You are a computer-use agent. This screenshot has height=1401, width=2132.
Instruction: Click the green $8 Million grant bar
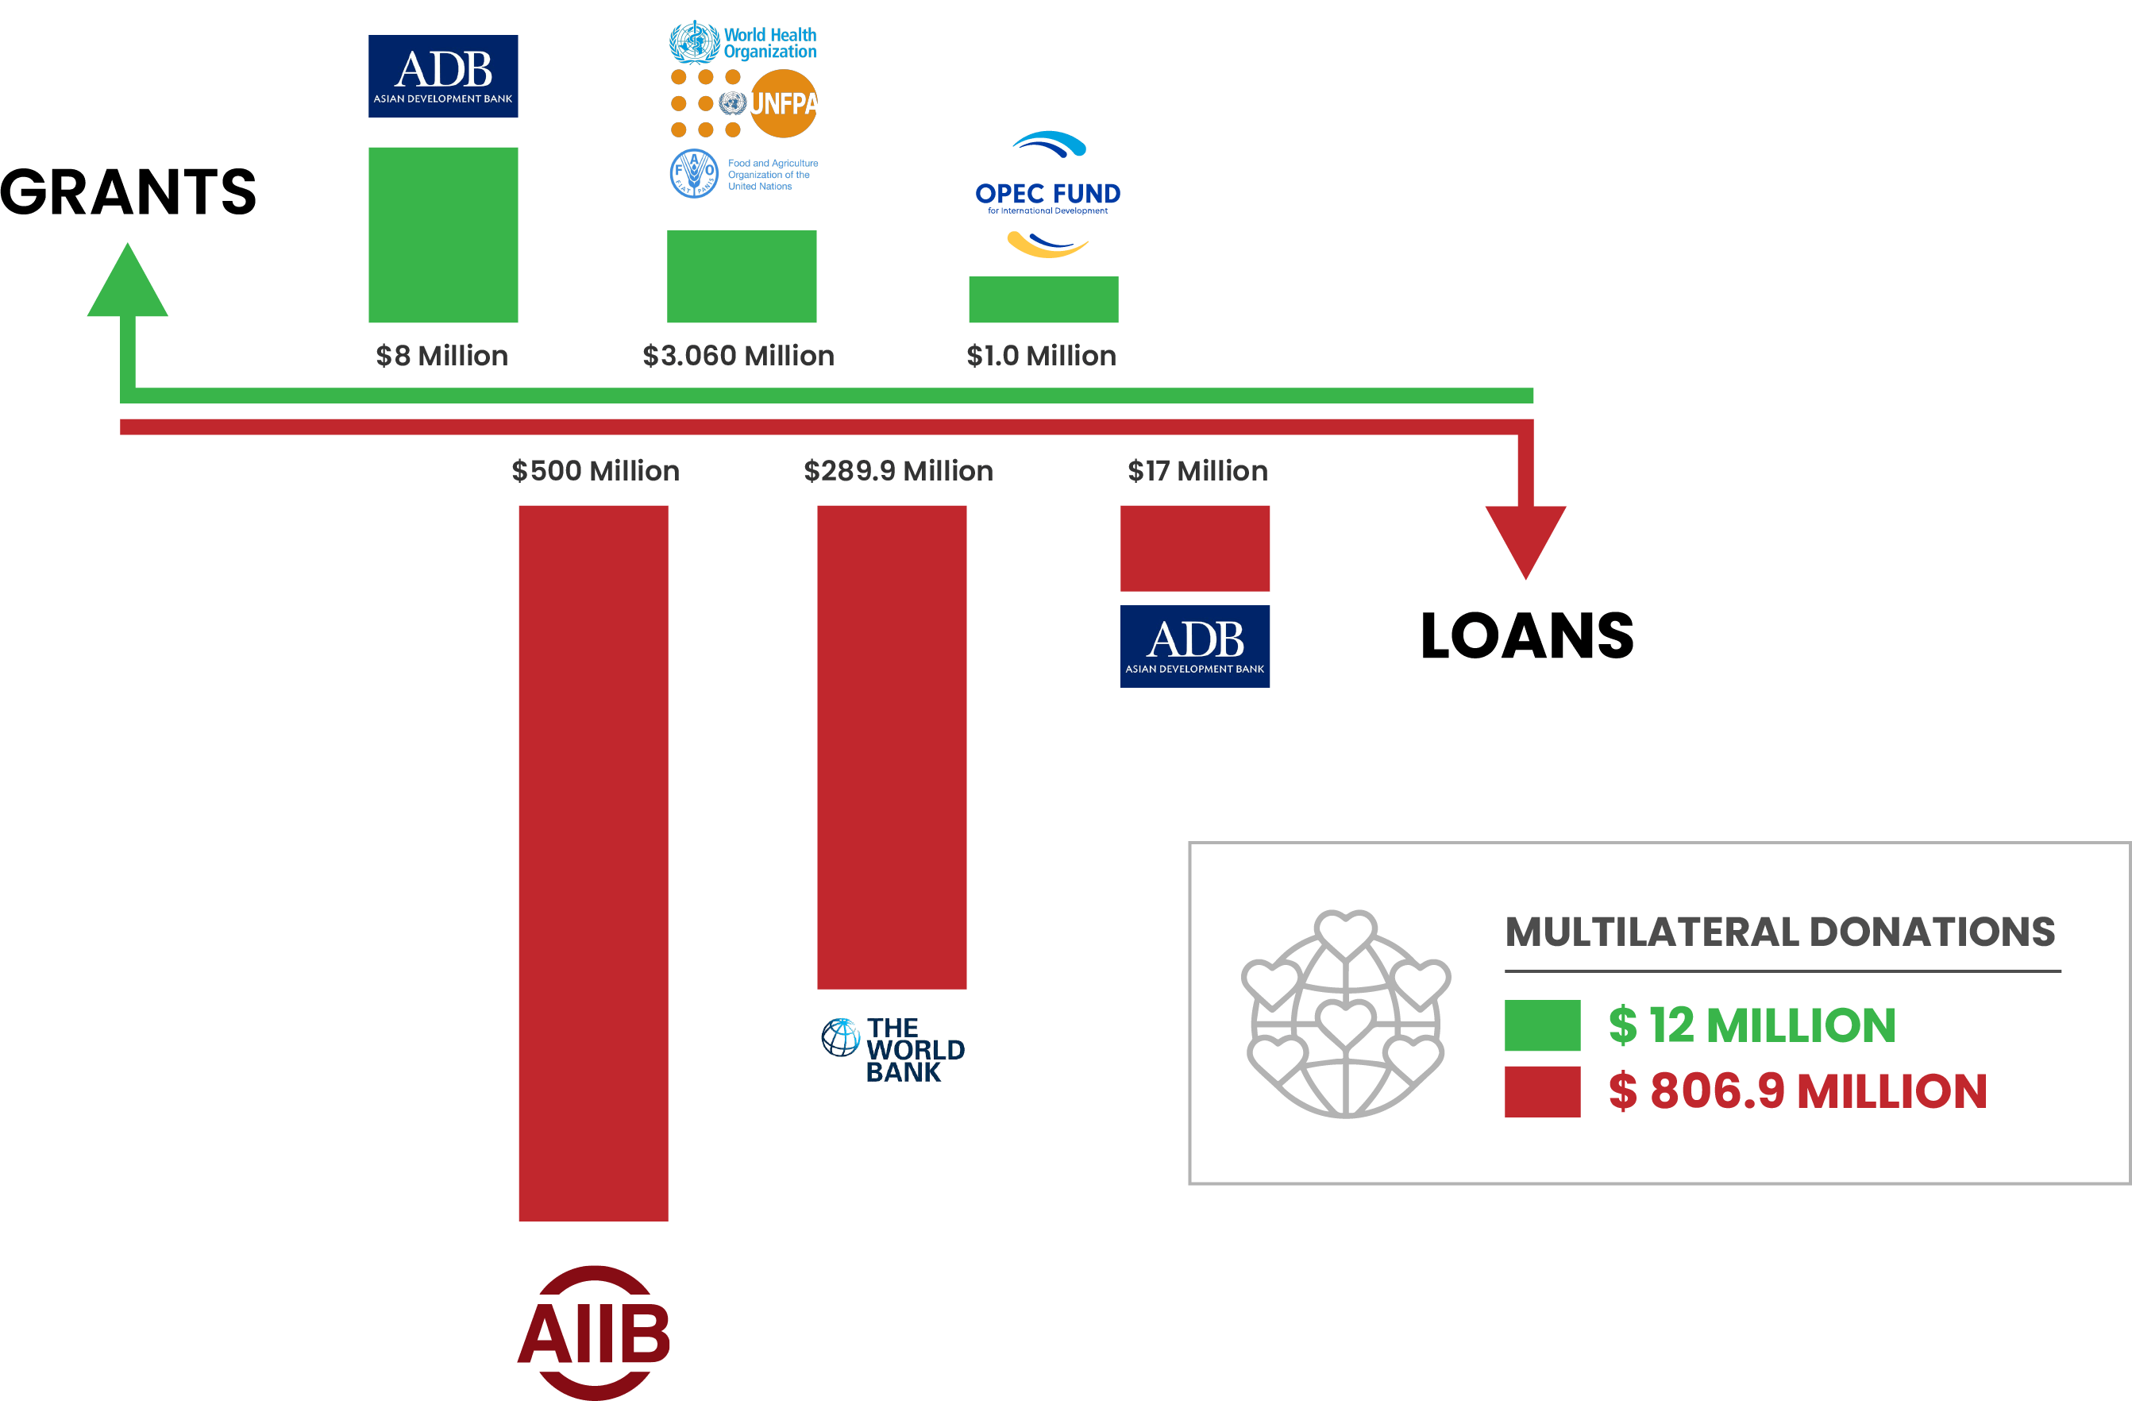point(443,235)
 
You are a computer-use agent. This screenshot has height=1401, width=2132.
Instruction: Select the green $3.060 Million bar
point(742,276)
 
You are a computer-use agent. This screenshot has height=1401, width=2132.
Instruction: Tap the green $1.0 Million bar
point(1043,299)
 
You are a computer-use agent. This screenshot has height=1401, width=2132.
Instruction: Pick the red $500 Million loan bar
point(594,863)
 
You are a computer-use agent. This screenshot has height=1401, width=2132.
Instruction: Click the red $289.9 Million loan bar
point(893,747)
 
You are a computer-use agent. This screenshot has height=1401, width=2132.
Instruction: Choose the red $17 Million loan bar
point(1195,548)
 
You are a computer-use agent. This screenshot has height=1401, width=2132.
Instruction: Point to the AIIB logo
point(594,1333)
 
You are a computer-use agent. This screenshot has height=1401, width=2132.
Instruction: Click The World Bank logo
point(893,1050)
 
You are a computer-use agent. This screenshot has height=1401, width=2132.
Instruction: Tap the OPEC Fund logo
point(1047,195)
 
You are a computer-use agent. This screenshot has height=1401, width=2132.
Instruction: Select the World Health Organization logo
point(743,42)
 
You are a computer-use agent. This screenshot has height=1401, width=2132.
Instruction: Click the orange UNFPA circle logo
point(783,104)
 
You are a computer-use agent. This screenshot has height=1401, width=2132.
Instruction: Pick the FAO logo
point(743,174)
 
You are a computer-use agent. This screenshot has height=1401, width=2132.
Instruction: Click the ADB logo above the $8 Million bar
point(443,76)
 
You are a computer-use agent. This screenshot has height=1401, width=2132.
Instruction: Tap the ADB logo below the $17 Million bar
point(1195,646)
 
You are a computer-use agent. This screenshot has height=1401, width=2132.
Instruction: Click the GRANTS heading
point(128,191)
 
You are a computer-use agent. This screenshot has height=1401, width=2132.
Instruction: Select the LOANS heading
point(1527,636)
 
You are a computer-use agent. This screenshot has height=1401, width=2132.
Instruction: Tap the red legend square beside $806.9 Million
point(1543,1092)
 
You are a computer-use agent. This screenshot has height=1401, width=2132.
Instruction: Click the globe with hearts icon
point(1345,1015)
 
